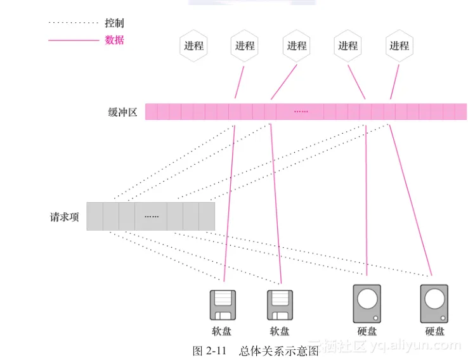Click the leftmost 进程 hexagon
pos(193,46)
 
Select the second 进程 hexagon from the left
pos(245,46)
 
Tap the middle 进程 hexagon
pos(296,46)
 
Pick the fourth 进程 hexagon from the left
pos(348,46)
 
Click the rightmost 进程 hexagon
pos(399,46)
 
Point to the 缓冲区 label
pos(122,112)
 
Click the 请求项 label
pos(65,217)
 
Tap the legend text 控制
pos(114,23)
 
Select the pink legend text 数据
pos(114,40)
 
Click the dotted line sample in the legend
pos(73,23)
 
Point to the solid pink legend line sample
pos(73,40)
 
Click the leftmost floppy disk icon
pos(223,306)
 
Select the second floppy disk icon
pos(279,306)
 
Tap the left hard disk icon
pos(367,304)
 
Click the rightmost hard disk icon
pos(434,304)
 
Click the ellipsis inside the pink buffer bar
pos(301,112)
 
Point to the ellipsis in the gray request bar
pos(151,217)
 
